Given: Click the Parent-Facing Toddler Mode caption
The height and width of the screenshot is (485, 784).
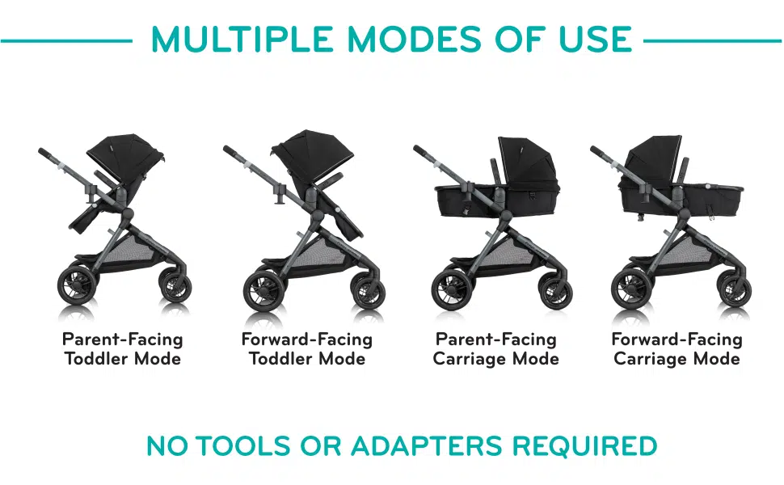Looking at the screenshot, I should pos(123,348).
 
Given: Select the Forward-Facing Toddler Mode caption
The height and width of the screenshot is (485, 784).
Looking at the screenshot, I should pos(307,348).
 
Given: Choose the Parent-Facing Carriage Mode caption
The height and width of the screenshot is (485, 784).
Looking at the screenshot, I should pos(495,348).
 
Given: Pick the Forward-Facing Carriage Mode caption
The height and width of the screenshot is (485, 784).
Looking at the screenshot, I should pos(677,348).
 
